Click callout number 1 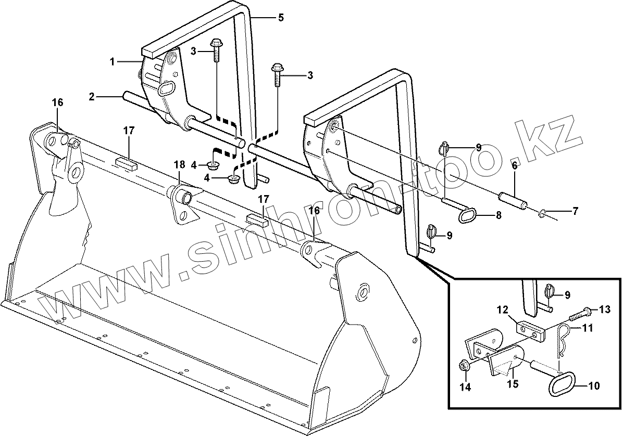(112, 62)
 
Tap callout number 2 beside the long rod (92, 96)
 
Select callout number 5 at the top (281, 18)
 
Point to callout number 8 (499, 215)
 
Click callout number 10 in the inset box (593, 386)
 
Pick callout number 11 (587, 328)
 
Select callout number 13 (604, 310)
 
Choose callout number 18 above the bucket (179, 165)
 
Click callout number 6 (514, 166)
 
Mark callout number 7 (575, 212)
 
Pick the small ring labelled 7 (543, 212)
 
